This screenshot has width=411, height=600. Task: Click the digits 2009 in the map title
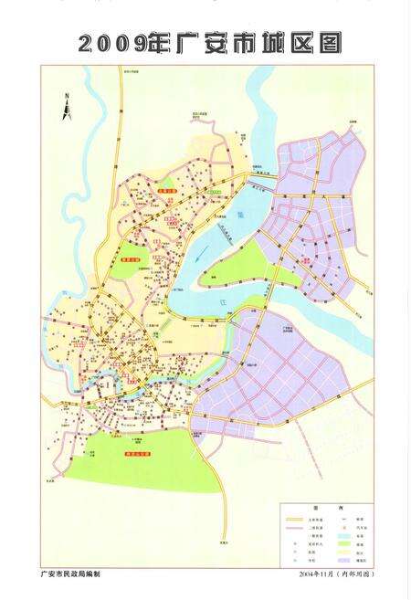[110, 43]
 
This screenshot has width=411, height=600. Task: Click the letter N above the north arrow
[67, 95]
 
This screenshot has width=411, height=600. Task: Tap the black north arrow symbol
[67, 110]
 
